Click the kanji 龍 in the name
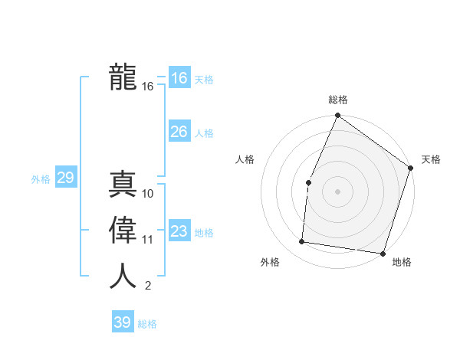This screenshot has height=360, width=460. pyautogui.click(x=123, y=77)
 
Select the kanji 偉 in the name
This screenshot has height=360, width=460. pyautogui.click(x=123, y=231)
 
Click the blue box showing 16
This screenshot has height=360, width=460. pyautogui.click(x=179, y=78)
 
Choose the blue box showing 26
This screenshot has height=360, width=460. pyautogui.click(x=179, y=132)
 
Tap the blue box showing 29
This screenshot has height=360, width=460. pyautogui.click(x=65, y=178)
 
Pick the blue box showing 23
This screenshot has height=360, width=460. pyautogui.click(x=179, y=231)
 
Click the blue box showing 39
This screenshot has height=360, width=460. pyautogui.click(x=122, y=322)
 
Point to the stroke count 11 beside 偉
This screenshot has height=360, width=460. pyautogui.click(x=148, y=240)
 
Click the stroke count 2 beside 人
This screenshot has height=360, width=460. pyautogui.click(x=148, y=286)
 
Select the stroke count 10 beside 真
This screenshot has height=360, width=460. pyautogui.click(x=148, y=194)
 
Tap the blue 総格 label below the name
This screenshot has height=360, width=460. pyautogui.click(x=147, y=324)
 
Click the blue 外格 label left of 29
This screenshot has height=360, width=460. pyautogui.click(x=41, y=180)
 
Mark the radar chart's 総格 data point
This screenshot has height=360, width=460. pyautogui.click(x=337, y=116)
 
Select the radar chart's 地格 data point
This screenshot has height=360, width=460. pyautogui.click(x=382, y=253)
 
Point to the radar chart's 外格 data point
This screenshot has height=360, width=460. pyautogui.click(x=302, y=242)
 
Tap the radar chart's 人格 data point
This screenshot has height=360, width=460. pyautogui.click(x=308, y=182)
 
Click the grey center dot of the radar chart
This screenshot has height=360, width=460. pyautogui.click(x=337, y=191)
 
